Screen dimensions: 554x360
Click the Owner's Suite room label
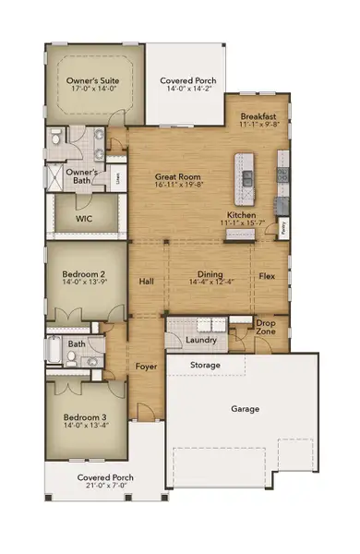[x=94, y=81]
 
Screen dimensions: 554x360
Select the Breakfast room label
[x=258, y=116]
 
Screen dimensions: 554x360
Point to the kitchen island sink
[x=247, y=175]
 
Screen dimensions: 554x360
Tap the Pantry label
[x=283, y=224]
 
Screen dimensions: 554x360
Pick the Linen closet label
[x=116, y=176]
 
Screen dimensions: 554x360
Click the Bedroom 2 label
[x=85, y=274]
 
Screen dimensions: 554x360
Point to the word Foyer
[x=146, y=367]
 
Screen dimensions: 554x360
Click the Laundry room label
[x=200, y=340]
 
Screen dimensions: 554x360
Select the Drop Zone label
[x=267, y=327]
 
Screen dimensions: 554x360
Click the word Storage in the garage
[x=205, y=366]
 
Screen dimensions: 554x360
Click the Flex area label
[x=267, y=276]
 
